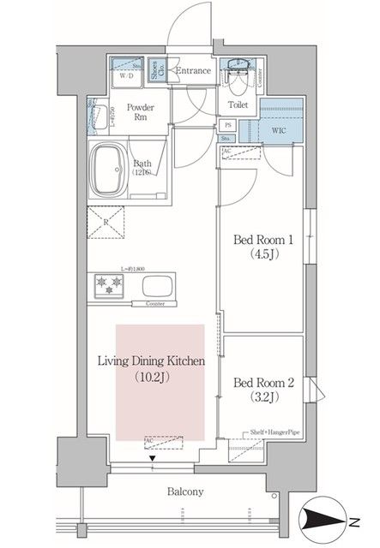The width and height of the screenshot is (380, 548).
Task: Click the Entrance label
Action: coord(191,70)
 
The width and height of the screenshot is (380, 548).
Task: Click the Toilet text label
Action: coord(238,104)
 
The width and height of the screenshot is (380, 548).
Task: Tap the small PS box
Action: coord(227,124)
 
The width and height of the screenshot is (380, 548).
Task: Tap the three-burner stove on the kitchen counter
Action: coord(111,284)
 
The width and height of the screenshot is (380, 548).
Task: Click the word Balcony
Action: coord(184,491)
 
